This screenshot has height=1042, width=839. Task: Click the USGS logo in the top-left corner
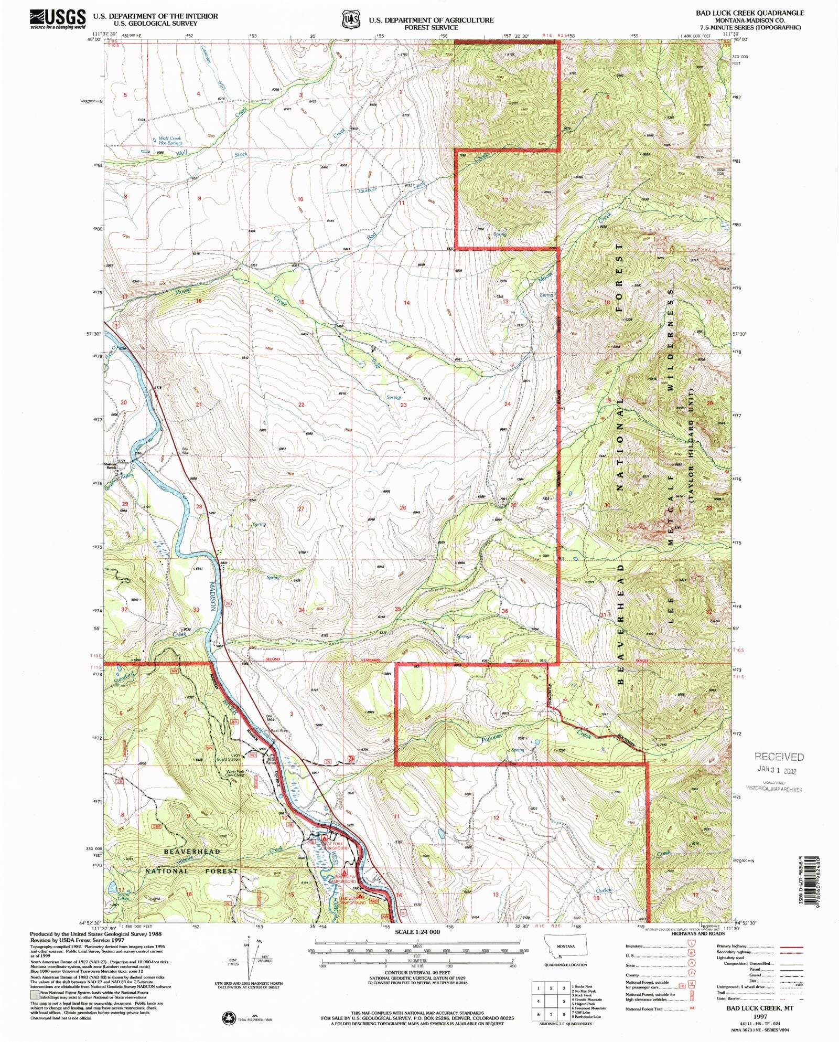click(58, 19)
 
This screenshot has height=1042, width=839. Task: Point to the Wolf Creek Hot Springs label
click(170, 141)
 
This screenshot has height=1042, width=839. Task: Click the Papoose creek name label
click(491, 737)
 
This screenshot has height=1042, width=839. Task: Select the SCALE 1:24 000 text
click(417, 932)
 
